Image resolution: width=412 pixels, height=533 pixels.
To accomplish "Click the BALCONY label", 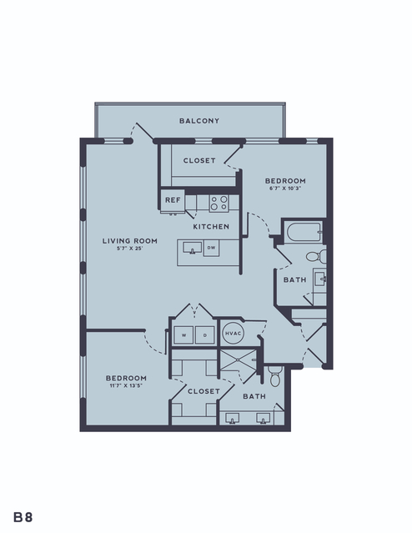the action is point(199,121).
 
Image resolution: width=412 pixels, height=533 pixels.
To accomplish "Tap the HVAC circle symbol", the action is point(233,333).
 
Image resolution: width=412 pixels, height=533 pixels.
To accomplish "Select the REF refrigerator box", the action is point(173,200).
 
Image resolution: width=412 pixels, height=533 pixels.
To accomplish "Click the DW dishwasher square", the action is point(212,248).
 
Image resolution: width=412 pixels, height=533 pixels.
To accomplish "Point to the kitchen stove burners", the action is point(219,203).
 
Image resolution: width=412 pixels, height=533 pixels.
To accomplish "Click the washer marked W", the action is point(183,334).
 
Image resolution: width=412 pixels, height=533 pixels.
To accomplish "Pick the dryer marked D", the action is point(205,334).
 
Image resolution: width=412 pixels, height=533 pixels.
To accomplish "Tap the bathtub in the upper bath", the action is point(304,232).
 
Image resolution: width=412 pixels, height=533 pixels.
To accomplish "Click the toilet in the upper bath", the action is point(316,256).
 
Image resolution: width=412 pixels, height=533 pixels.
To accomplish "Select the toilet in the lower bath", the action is point(274,376).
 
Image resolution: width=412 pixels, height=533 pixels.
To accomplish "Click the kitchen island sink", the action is point(193,248).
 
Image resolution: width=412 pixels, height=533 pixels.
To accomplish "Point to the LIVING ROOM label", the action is point(130,241).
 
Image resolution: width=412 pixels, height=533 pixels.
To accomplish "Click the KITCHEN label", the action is point(211,227).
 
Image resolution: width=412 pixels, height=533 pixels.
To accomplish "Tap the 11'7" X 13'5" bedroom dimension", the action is point(126,386).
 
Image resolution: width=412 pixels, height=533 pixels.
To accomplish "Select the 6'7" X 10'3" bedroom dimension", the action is point(285,189).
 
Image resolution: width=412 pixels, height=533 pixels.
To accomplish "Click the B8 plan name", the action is point(23,517).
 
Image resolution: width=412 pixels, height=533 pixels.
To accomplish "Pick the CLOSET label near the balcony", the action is point(199,160).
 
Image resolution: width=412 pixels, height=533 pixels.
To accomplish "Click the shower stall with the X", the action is point(238,360).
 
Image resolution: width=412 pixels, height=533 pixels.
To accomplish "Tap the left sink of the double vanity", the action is point(232,419).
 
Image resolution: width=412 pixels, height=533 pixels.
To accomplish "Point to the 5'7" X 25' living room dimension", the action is point(129,249).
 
